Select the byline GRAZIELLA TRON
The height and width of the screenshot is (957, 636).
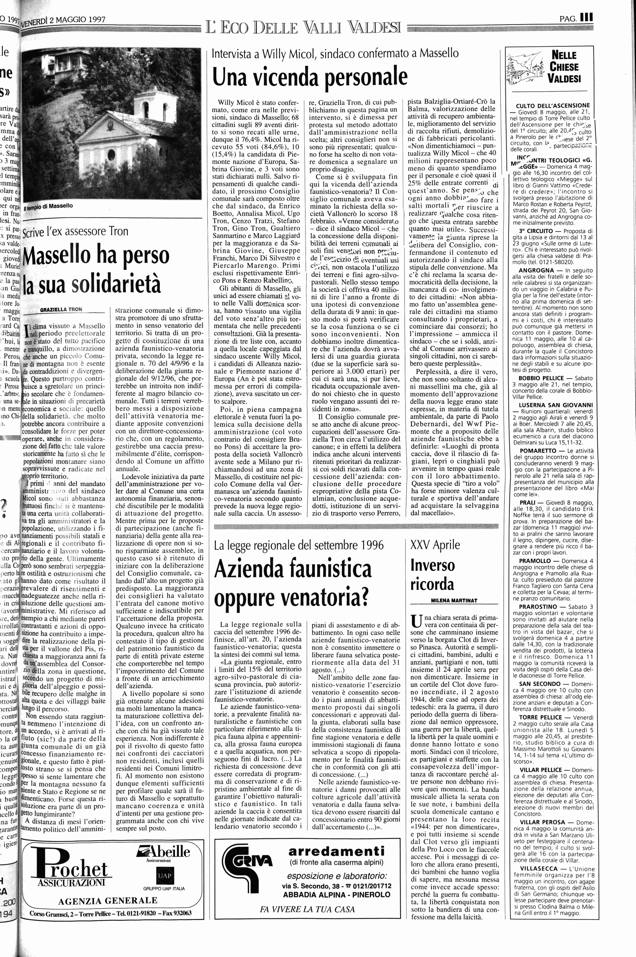61,309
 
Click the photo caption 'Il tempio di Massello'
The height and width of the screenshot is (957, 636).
48,206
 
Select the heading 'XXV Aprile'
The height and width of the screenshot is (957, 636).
435,545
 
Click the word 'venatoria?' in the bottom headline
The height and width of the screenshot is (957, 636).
291,598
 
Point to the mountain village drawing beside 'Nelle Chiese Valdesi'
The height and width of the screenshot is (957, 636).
526,69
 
